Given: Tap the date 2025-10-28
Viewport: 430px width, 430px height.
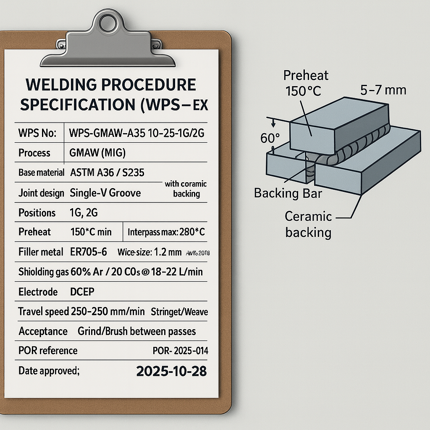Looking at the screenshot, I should [171, 371].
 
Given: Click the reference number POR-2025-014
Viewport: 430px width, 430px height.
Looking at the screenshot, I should [181, 351].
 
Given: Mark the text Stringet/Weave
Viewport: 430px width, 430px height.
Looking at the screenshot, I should [179, 312].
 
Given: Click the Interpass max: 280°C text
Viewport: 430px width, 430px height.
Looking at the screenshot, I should [166, 232].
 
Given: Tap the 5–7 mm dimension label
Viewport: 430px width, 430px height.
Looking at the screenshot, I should [383, 90].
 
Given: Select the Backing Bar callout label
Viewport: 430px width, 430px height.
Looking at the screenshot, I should [288, 194].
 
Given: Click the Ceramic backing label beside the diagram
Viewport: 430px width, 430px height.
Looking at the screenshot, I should [308, 224].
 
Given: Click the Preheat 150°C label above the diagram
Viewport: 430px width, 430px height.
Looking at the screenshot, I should [306, 83].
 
